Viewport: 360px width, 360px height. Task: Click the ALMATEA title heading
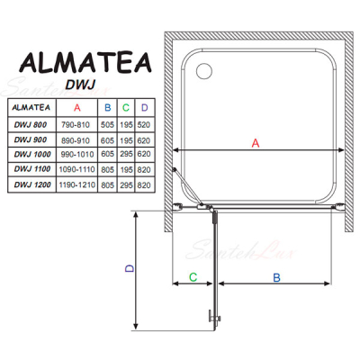85,63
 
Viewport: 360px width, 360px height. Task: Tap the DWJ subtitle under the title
80,85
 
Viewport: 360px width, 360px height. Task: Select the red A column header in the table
77,107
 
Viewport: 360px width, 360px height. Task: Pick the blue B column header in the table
108,107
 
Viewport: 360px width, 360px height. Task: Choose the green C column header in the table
126,107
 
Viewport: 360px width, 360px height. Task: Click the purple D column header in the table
145,107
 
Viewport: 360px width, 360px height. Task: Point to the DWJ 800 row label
31,125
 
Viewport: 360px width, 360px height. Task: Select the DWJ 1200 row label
32,184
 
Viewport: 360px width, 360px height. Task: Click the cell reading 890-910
76,140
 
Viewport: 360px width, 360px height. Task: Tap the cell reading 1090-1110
76,169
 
